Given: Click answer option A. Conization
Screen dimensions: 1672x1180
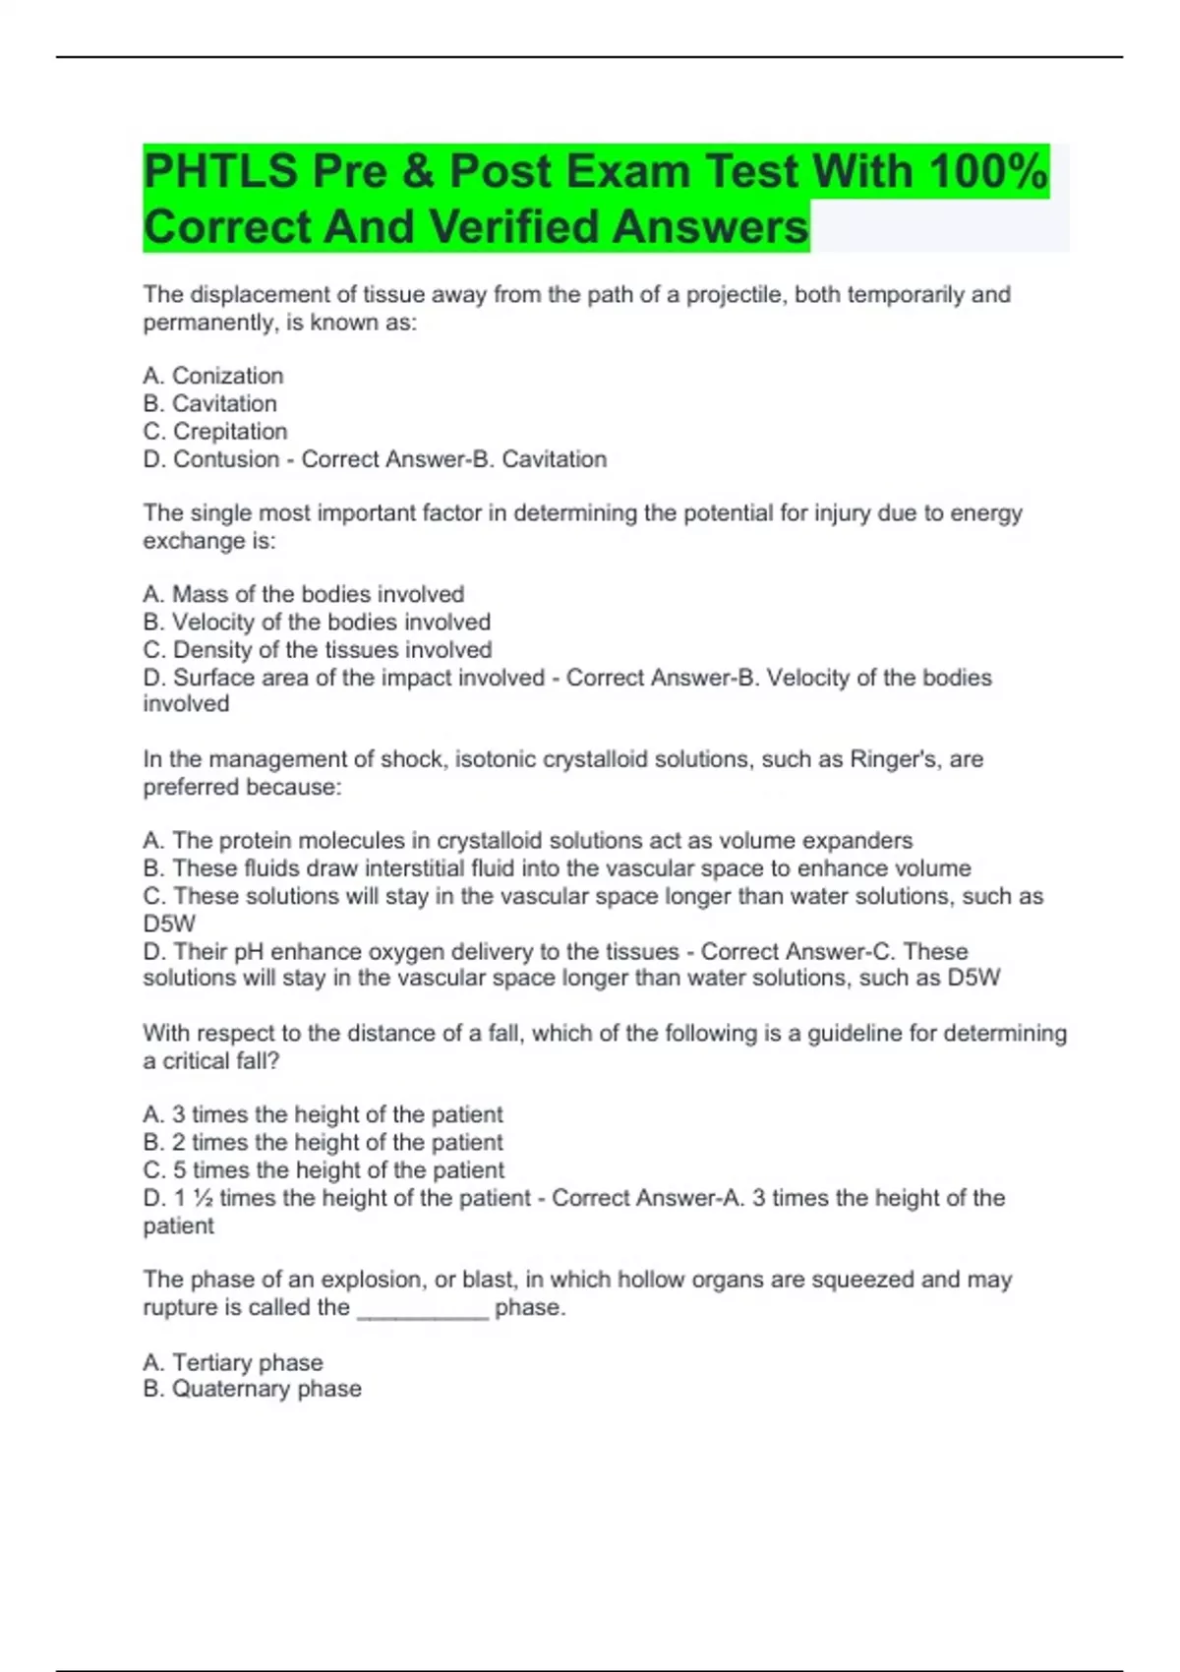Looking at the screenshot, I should [x=213, y=376].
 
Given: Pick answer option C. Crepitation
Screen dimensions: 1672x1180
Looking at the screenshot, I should [x=215, y=432].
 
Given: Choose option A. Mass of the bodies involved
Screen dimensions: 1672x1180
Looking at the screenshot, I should [x=303, y=594].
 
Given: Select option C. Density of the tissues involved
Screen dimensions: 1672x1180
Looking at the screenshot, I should [x=317, y=650].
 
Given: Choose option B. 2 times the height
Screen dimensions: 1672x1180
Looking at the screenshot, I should [x=323, y=1143].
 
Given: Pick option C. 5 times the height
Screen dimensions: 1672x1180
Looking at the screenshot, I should [x=324, y=1170].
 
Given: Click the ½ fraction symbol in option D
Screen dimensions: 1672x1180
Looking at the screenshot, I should [x=203, y=1198].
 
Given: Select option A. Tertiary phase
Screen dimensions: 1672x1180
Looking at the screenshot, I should [x=233, y=1362].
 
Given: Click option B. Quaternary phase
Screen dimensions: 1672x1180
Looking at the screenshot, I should [x=252, y=1389].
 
